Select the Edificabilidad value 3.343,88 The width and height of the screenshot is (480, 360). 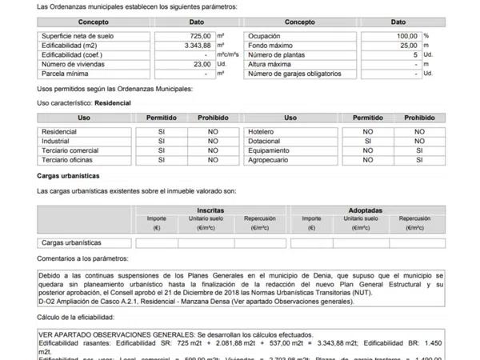tap(195, 46)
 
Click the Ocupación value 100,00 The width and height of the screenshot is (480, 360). tap(406, 36)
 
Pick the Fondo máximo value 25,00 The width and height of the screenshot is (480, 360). tap(408, 46)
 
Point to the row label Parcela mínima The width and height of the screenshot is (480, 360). tap(63, 74)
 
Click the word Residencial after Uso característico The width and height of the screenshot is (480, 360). tap(114, 103)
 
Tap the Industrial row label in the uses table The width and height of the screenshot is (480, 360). tap(56, 140)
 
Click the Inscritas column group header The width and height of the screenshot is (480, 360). tap(210, 210)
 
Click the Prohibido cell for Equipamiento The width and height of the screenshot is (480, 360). tap(418, 150)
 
